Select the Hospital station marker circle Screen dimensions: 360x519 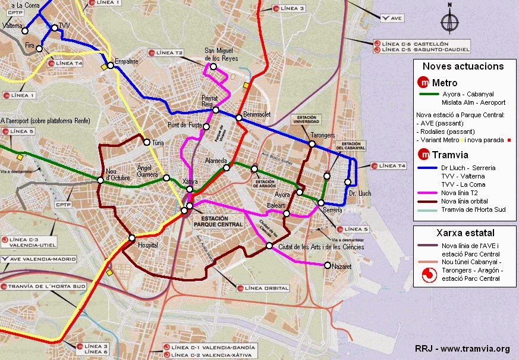(132, 238)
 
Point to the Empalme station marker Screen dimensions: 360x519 (111, 65)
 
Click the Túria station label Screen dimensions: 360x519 (158, 143)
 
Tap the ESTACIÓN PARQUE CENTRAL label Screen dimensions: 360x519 (218, 221)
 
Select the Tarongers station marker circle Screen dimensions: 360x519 (312, 144)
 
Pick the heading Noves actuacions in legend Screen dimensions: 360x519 (463, 67)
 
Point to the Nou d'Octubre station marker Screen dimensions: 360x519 (100, 180)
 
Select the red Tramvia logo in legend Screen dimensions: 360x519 (424, 155)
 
